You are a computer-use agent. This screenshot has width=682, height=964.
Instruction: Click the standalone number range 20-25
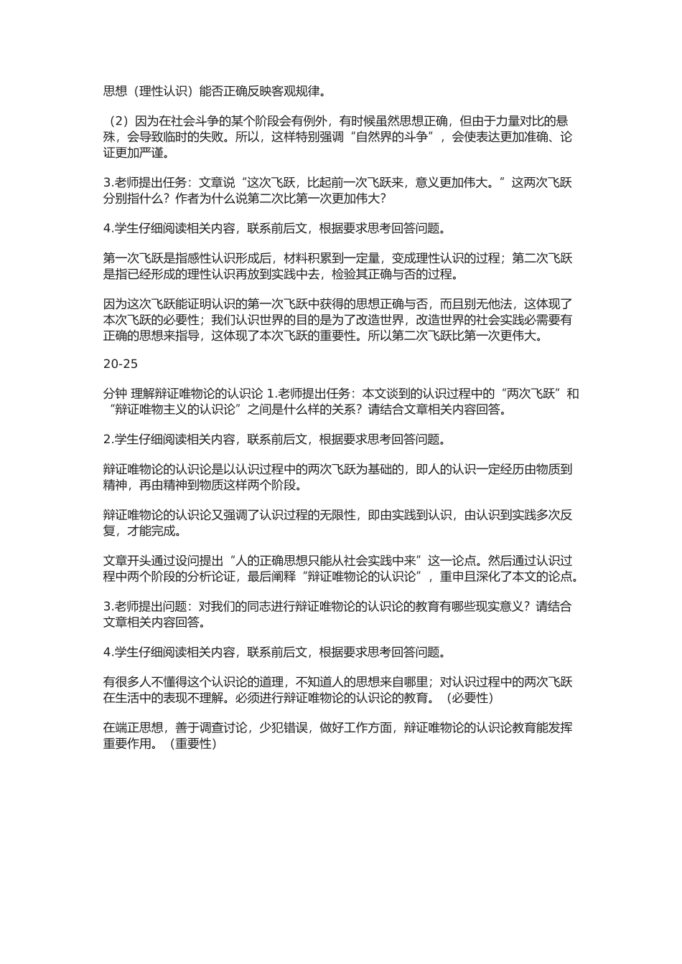pos(121,364)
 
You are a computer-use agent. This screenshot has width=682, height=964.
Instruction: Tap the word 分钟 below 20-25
pos(116,394)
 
